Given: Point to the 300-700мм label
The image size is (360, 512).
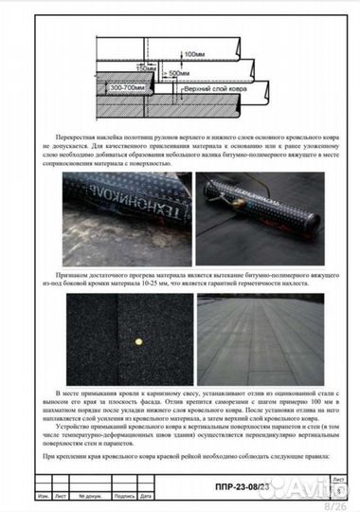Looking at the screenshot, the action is pyautogui.click(x=130, y=86).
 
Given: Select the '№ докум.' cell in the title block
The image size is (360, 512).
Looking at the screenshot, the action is pyautogui.click(x=90, y=496).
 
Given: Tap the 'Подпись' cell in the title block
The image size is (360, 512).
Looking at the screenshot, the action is pyautogui.click(x=121, y=496).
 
